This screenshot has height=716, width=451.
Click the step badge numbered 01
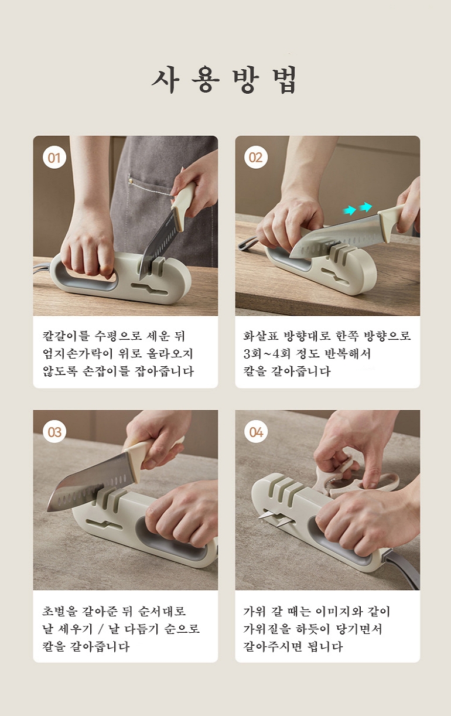coord(54,157)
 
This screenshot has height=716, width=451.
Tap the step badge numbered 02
coord(256,157)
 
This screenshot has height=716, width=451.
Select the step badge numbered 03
coord(54,432)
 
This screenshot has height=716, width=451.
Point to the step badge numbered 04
coord(256,432)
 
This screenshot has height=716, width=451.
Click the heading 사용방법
coord(225,80)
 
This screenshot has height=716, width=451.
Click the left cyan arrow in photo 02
coord(350,210)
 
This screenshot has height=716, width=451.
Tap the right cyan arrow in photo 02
coord(365,207)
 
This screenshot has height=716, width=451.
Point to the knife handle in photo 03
coord(150,451)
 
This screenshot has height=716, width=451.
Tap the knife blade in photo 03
coord(90,479)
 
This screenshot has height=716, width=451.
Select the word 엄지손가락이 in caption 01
coord(77,353)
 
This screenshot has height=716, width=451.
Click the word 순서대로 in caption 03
coord(162,611)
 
